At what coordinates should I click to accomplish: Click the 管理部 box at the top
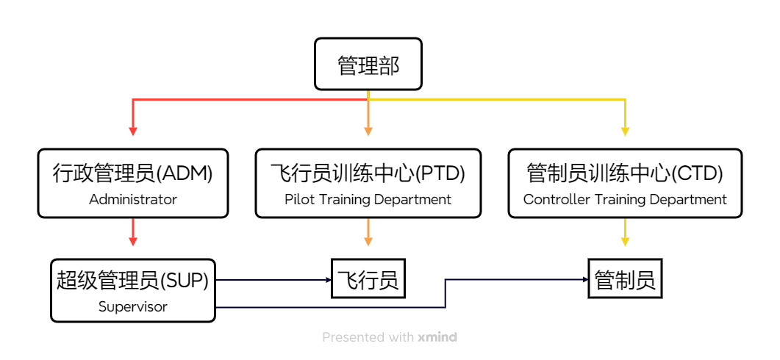pos(368,65)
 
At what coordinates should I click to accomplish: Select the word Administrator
pos(133,199)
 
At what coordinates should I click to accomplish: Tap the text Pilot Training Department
pos(368,199)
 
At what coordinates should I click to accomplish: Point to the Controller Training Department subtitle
pos(625,199)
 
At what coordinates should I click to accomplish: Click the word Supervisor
pos(133,306)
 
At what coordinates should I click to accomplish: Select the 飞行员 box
pos(368,280)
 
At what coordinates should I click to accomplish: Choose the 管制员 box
pos(625,280)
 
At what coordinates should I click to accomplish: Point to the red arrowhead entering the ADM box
pos(133,132)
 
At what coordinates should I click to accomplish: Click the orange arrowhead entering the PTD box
pos(368,132)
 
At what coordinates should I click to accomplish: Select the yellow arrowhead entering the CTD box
pos(625,132)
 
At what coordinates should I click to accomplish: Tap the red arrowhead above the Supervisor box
pos(133,241)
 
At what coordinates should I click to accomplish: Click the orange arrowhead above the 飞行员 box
pos(368,241)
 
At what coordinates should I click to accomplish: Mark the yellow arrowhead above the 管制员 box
pos(625,241)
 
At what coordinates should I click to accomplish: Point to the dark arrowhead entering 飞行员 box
pos(328,280)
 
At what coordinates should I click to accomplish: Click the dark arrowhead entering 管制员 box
pos(584,280)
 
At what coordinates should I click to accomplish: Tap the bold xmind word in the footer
pos(437,337)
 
